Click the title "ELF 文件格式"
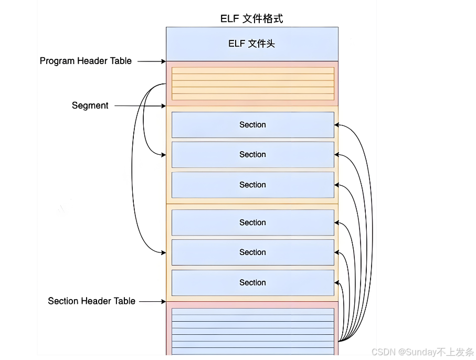pos(252,19)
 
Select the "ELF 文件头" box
pos(252,44)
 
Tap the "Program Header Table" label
pos(86,61)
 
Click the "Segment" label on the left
pos(90,105)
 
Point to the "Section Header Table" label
pos(92,301)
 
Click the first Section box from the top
pos(252,125)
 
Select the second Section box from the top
pos(252,155)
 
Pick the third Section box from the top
pos(252,185)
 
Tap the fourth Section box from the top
pos(252,223)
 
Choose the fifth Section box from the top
pos(252,252)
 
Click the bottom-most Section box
pos(252,282)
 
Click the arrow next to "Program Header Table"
pos(152,61)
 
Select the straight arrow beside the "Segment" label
pos(140,106)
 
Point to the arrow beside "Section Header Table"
pos(153,302)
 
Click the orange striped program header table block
pos(252,83)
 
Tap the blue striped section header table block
pos(252,331)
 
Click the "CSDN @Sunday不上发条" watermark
pos(422,352)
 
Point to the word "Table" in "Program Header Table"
pos(121,61)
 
